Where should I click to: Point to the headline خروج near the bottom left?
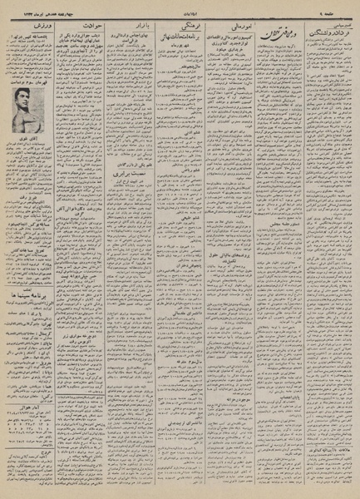pos(30,456)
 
